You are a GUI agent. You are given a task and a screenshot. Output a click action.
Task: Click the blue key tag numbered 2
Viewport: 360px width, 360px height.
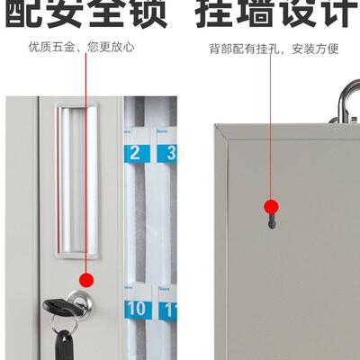(135, 151)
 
